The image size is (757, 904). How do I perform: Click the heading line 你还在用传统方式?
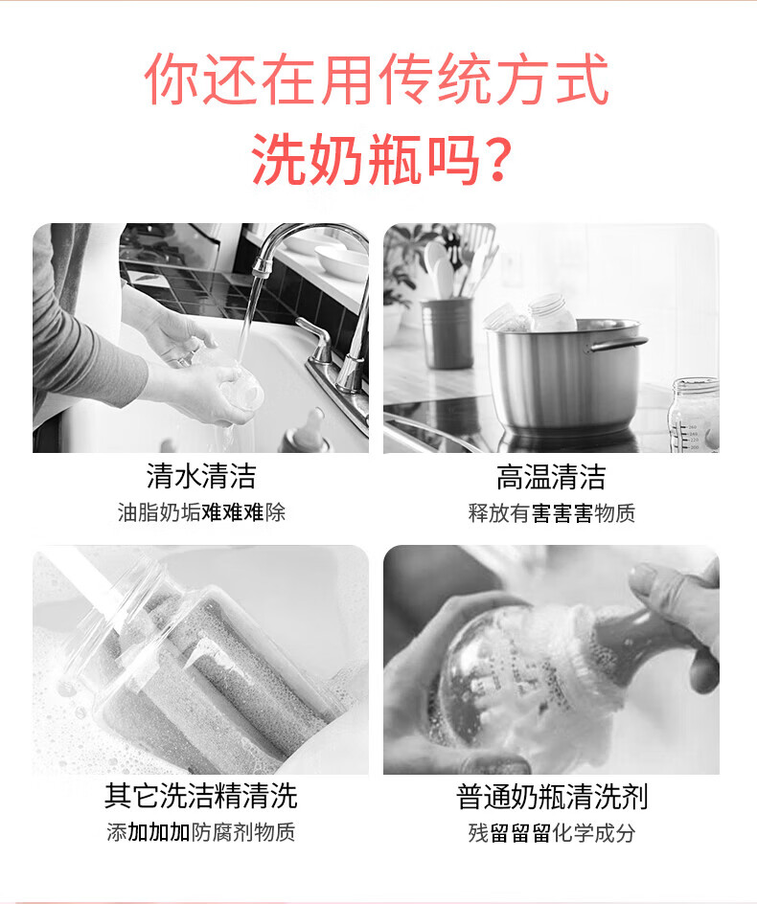pos(377,79)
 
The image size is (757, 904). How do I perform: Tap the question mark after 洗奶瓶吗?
pos(494,158)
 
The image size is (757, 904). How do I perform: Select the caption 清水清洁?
pos(201,476)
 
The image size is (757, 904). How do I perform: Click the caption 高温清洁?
pos(551,477)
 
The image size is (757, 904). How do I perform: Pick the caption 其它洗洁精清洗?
pos(201,796)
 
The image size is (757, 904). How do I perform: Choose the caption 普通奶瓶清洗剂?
pos(552,797)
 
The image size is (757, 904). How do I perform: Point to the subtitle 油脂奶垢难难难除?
pos(201,512)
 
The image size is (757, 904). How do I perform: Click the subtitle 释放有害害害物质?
pos(552,512)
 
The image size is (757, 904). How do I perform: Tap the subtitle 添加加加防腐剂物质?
pos(201,832)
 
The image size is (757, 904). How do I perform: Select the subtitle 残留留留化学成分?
pos(552,832)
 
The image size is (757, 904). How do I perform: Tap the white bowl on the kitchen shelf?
pos(340,263)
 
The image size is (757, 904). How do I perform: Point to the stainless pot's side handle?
pos(617,344)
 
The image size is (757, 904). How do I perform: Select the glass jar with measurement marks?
pos(695,414)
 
